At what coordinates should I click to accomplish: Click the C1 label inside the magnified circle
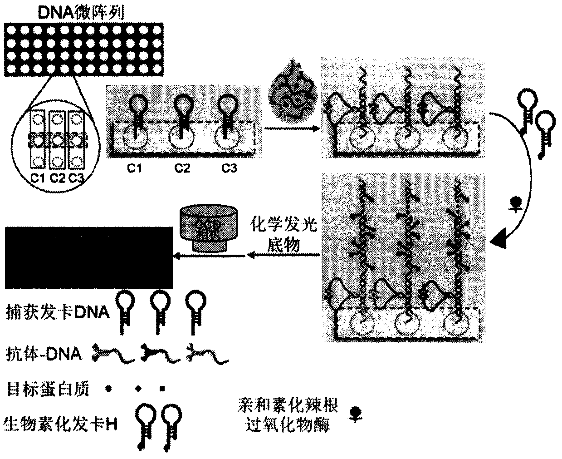(38, 178)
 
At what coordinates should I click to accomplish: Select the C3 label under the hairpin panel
(229, 168)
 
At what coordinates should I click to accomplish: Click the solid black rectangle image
(88, 257)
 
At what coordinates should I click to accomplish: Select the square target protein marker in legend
(162, 389)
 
